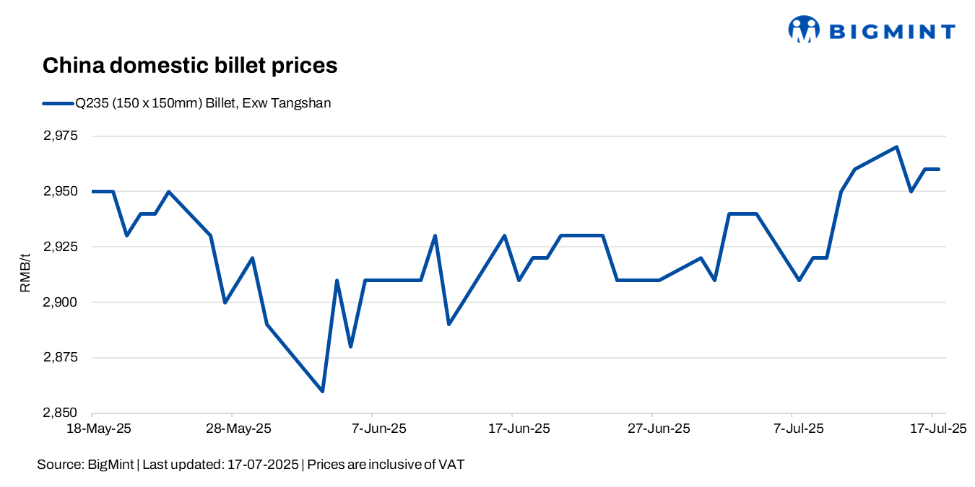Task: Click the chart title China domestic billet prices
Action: pos(190,66)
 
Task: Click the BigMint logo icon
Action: pos(804,30)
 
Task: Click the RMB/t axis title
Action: pos(26,275)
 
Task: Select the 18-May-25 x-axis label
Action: pos(99,429)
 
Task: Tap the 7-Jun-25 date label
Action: pos(379,429)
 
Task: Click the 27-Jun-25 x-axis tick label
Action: pos(659,429)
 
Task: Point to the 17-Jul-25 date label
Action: pos(938,429)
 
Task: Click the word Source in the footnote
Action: pos(59,465)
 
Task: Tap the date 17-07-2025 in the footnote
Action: pos(263,465)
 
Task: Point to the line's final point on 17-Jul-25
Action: pos(938,169)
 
